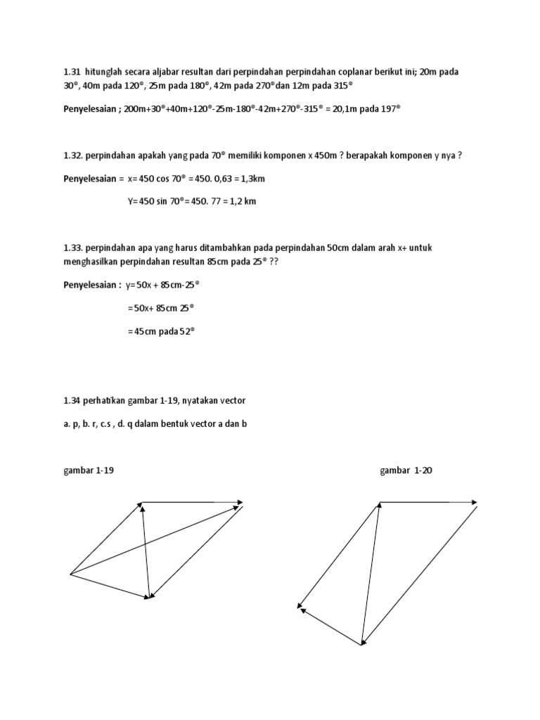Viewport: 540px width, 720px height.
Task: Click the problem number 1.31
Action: pos(72,72)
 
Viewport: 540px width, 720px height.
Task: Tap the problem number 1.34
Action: pos(72,400)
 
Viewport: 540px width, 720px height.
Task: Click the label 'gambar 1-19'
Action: pos(89,470)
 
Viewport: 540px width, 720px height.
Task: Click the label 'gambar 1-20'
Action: pos(406,470)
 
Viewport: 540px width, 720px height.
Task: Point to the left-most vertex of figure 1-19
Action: pos(71,574)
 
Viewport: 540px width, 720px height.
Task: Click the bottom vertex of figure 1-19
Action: pos(149,598)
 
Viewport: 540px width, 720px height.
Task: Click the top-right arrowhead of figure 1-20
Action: pos(476,502)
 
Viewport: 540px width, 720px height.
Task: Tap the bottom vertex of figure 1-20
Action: pos(361,644)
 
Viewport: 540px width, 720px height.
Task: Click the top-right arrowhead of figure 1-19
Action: pos(241,502)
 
